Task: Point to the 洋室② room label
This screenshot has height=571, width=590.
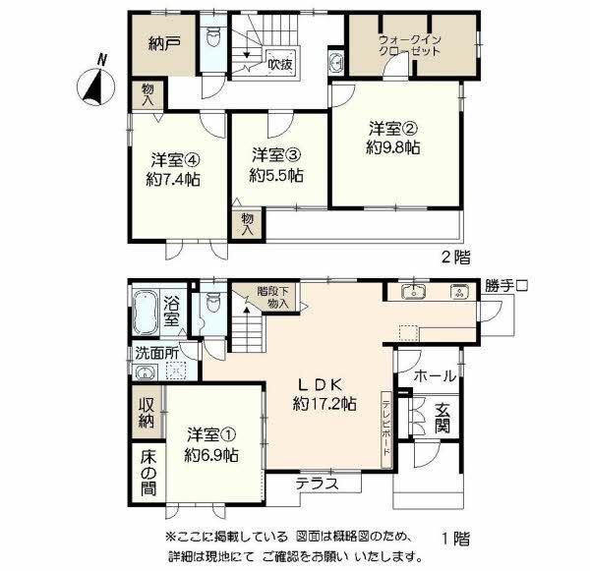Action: click(394, 129)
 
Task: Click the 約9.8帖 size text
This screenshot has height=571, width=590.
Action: click(394, 148)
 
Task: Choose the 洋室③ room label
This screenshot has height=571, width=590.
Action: click(274, 155)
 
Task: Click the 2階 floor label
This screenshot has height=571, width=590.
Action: click(454, 257)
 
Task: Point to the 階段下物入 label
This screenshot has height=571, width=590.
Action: click(273, 297)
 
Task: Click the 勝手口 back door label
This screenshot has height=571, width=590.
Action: click(507, 286)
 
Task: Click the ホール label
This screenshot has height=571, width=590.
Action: click(434, 374)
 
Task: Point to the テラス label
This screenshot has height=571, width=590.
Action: click(317, 483)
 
